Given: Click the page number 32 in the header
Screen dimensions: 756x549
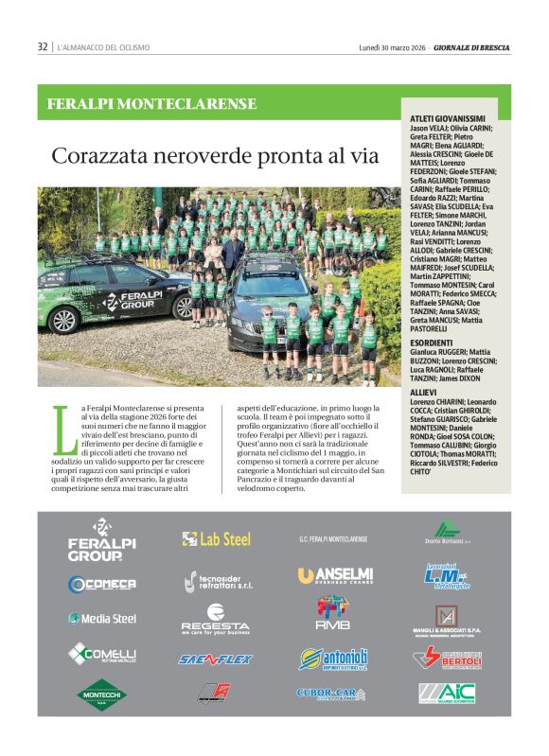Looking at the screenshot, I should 43,46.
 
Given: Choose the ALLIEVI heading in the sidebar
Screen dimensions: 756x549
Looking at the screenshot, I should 423,392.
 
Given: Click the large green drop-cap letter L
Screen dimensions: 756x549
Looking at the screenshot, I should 63,427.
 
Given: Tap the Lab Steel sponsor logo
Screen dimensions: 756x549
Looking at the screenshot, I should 217,538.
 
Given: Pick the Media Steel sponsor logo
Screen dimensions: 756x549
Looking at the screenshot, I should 101,619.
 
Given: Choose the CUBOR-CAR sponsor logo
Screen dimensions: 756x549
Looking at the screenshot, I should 330,694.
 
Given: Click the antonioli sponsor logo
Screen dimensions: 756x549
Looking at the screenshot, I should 333,658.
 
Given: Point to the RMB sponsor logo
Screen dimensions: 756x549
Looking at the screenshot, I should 333,614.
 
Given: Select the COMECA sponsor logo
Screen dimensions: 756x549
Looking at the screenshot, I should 101,584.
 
